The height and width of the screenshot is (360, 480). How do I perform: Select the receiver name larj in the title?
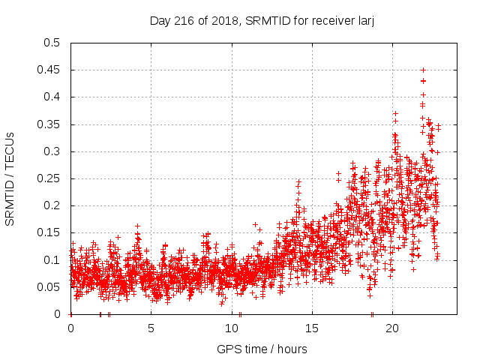coord(364,20)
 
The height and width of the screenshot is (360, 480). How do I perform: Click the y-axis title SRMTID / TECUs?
coord(10,178)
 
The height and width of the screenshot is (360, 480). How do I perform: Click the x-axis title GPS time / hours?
coord(262,349)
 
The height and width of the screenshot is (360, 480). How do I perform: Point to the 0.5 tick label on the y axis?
coord(52,43)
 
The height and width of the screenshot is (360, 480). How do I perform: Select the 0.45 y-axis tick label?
coord(49,70)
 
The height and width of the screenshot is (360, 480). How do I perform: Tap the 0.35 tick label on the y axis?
coord(49,124)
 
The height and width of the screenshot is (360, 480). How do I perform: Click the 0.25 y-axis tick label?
coord(49,178)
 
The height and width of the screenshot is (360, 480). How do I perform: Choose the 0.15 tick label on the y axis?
coord(49,232)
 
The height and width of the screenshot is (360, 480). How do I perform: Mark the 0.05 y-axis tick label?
coord(49,287)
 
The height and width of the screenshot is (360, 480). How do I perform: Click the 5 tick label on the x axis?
coord(151,328)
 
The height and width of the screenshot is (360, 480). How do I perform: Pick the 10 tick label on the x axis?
coord(231,328)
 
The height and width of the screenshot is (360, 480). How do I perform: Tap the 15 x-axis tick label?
coord(311,328)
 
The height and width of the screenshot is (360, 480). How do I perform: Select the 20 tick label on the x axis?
coord(391,328)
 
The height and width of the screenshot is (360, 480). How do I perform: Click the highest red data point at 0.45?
coord(423,70)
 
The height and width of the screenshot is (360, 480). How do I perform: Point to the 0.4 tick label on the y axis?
coord(52,97)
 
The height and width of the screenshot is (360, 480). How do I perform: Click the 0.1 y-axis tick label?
coord(52,259)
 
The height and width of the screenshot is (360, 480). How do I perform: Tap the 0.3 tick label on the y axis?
coord(52,151)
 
